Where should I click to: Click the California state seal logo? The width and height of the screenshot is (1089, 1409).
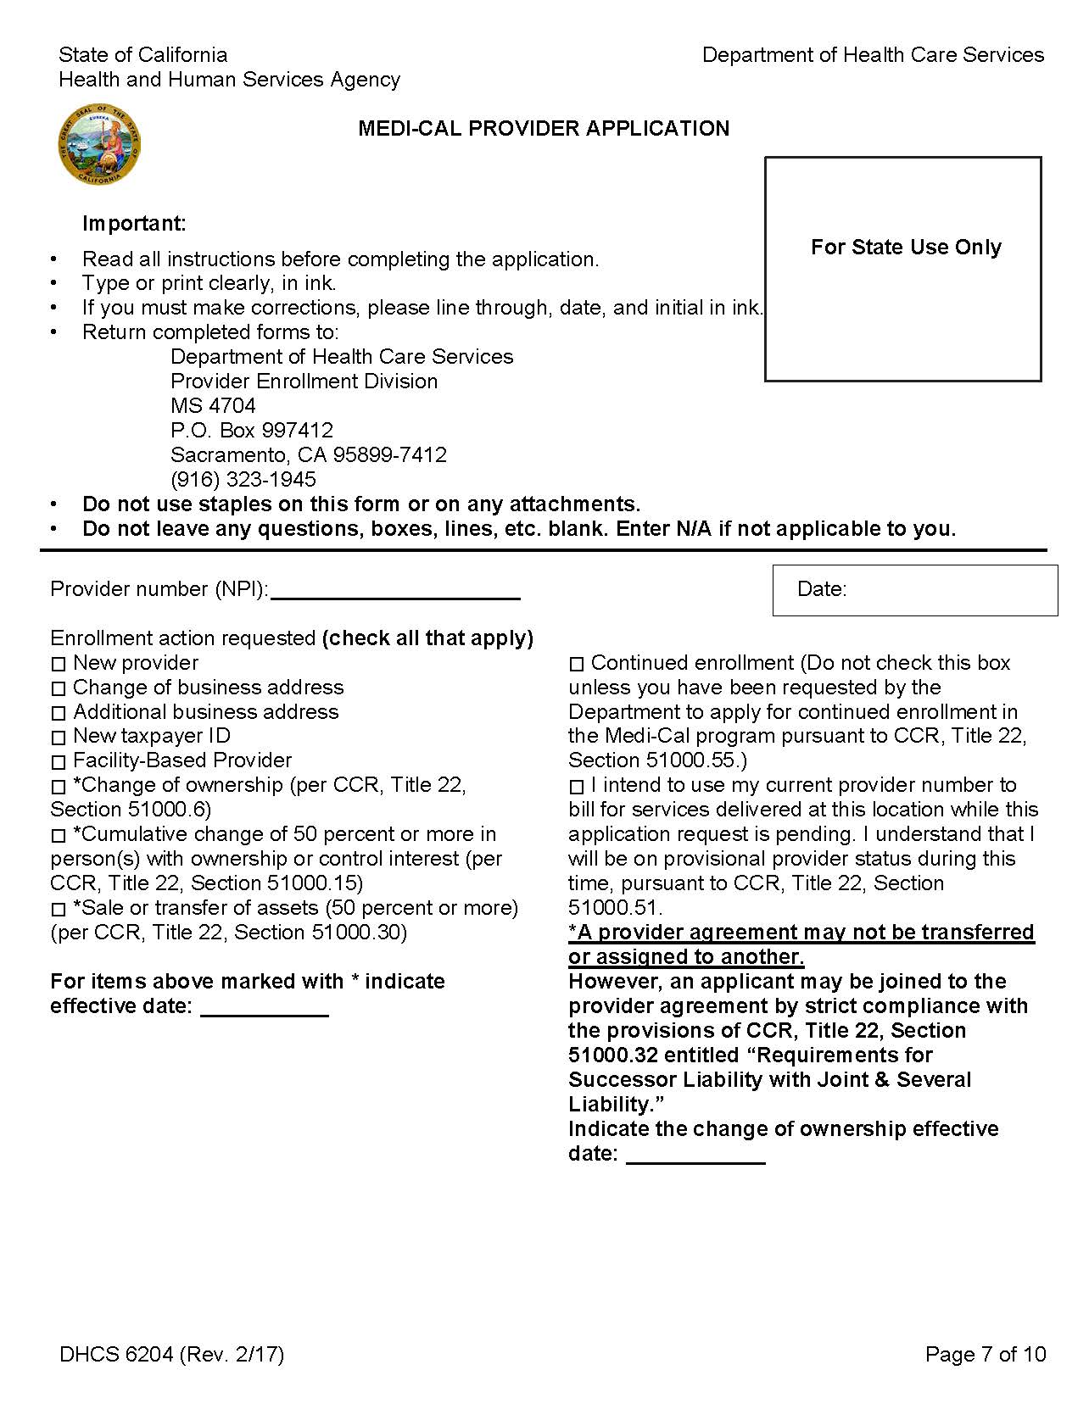pyautogui.click(x=99, y=145)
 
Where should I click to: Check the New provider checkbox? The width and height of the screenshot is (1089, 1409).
pyautogui.click(x=58, y=664)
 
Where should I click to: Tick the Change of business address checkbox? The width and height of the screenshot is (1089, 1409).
pyautogui.click(x=58, y=688)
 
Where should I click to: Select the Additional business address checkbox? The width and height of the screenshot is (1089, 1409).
pyautogui.click(x=58, y=713)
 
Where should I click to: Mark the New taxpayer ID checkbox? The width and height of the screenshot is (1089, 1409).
pyautogui.click(x=58, y=738)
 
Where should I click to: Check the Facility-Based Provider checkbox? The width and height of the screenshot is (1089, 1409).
pyautogui.click(x=58, y=762)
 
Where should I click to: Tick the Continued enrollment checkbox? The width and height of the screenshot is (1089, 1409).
pyautogui.click(x=577, y=664)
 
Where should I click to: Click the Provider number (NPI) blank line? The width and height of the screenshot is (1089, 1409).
pyautogui.click(x=394, y=590)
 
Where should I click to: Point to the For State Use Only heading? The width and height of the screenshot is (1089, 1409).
pyautogui.click(x=906, y=247)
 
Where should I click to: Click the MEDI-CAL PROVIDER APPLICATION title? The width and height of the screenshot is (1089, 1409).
pyautogui.click(x=544, y=128)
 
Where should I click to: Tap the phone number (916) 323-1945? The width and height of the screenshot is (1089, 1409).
pyautogui.click(x=243, y=479)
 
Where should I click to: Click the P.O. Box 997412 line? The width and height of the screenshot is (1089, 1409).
pyautogui.click(x=252, y=430)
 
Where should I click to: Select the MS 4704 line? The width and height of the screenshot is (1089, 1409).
pyautogui.click(x=213, y=405)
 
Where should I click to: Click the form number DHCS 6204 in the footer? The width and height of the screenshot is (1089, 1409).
pyautogui.click(x=117, y=1354)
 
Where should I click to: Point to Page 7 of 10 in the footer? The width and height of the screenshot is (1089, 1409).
pyautogui.click(x=986, y=1354)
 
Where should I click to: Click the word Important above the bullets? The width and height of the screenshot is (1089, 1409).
pyautogui.click(x=134, y=224)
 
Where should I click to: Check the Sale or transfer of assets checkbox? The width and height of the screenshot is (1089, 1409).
pyautogui.click(x=58, y=910)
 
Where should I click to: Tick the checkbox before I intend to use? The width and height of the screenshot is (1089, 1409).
pyautogui.click(x=577, y=787)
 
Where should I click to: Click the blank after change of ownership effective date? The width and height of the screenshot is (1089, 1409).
pyautogui.click(x=695, y=1155)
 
